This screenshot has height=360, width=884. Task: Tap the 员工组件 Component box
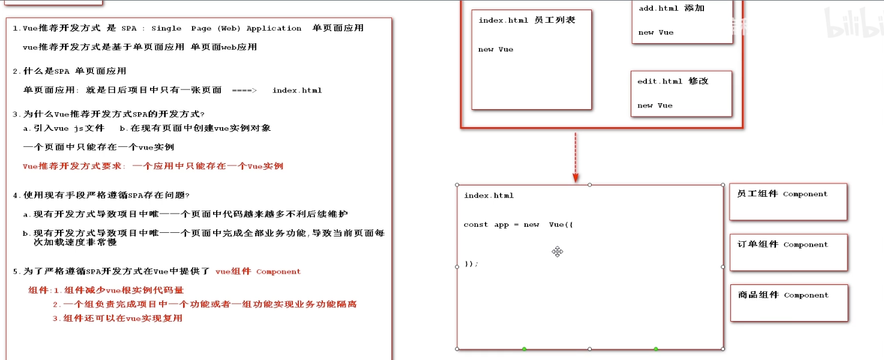[x=787, y=201]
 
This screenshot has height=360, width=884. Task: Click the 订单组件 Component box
[x=788, y=251]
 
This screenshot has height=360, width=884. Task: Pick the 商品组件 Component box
[x=789, y=302]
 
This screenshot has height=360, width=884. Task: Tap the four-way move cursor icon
[x=558, y=251]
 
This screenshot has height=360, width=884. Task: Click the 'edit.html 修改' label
[x=673, y=81]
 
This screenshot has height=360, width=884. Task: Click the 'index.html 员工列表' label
[x=527, y=20]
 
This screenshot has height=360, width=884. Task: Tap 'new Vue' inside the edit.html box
[x=655, y=106]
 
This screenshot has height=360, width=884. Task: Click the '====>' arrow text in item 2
[x=244, y=90]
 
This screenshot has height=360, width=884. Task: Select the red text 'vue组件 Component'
[x=258, y=271]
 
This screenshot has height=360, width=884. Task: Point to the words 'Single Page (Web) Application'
[x=226, y=28]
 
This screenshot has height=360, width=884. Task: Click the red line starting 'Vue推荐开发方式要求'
[x=152, y=166]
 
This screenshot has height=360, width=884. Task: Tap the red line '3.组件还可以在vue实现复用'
[x=117, y=318]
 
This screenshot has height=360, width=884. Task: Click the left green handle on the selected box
[x=524, y=349]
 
